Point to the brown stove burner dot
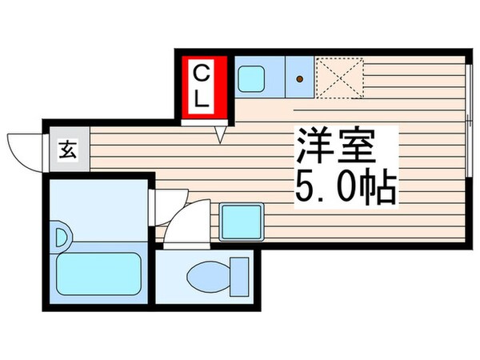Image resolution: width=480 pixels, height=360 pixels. click(x=300, y=79)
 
